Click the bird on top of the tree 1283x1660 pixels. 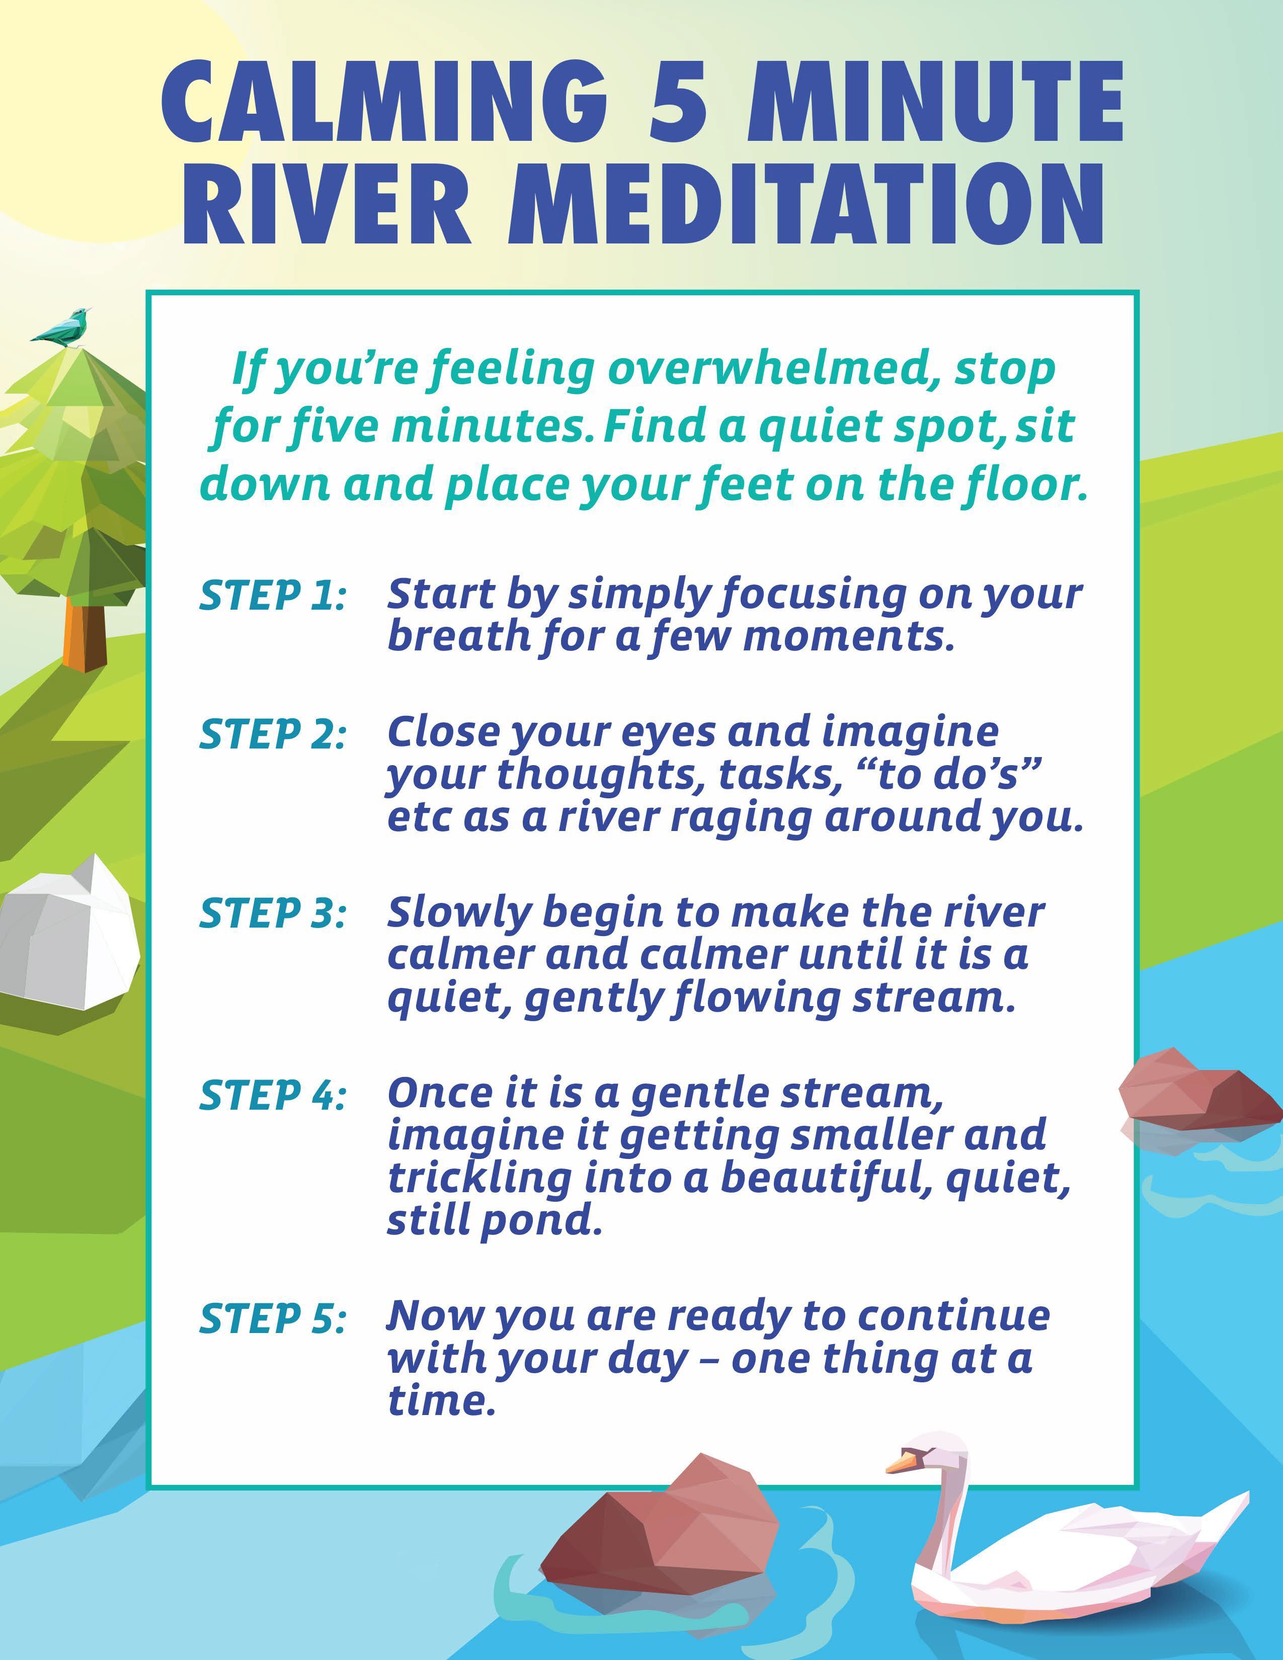click(62, 327)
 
